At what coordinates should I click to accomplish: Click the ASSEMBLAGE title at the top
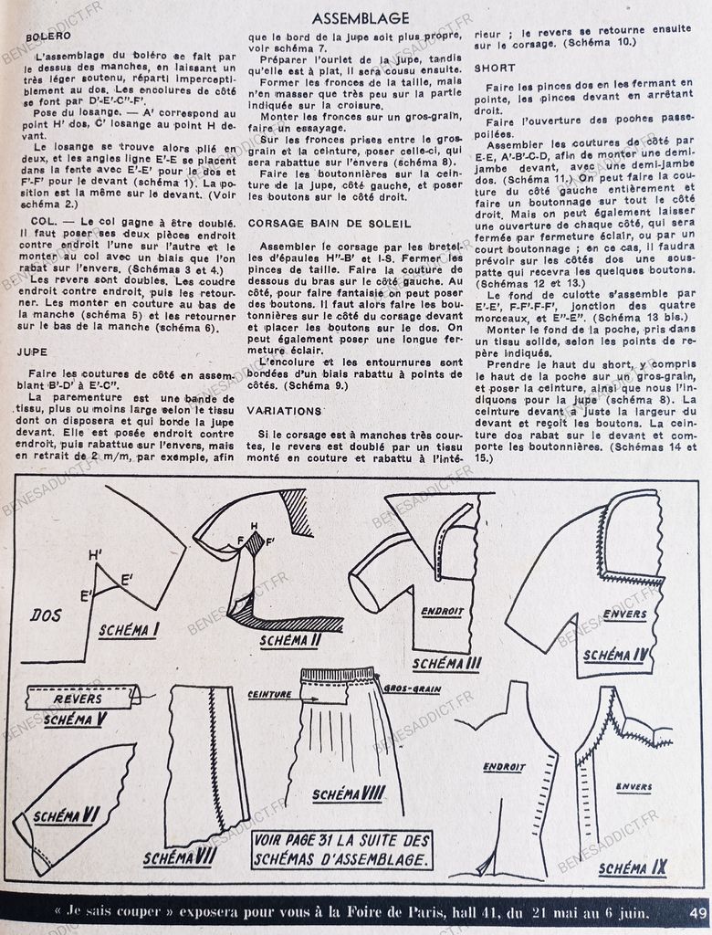coord(360,17)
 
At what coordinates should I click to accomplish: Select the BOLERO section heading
coord(46,37)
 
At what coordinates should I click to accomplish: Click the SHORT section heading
coord(495,68)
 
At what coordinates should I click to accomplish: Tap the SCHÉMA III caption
coord(446,664)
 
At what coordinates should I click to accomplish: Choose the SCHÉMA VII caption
coord(181,857)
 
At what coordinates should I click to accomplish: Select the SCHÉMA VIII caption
coord(349,793)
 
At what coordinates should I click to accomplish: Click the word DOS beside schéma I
coord(46,615)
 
